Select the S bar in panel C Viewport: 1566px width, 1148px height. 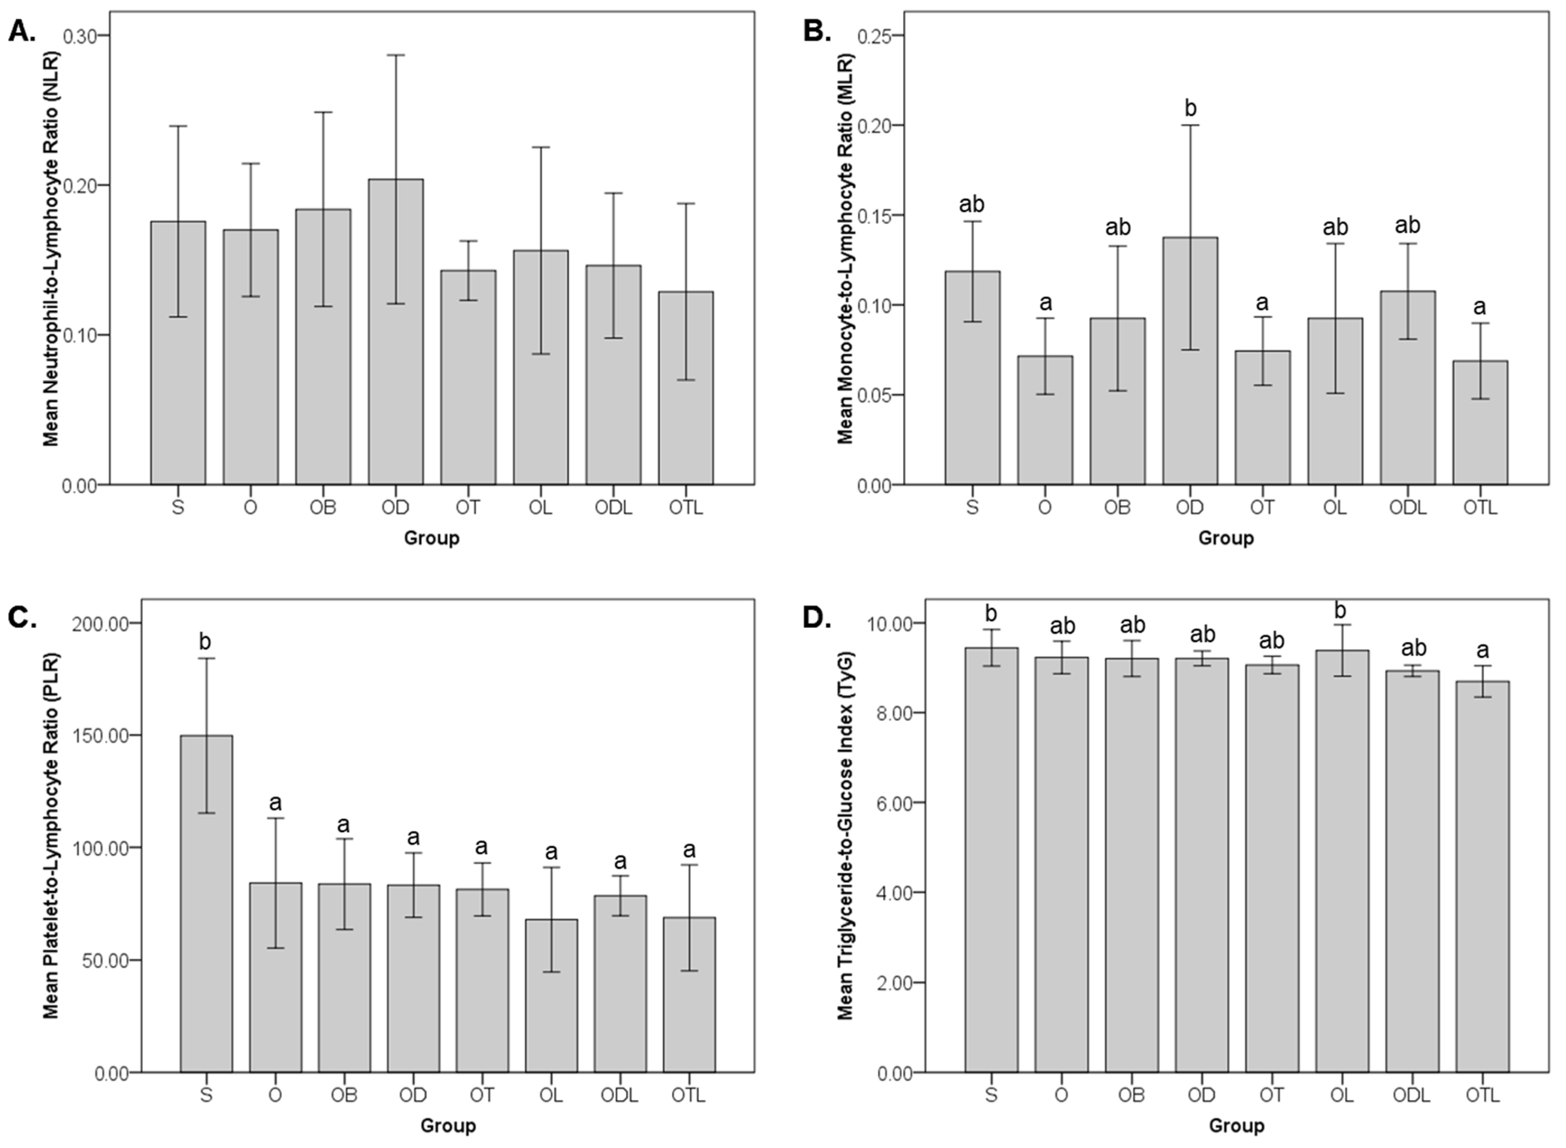click(206, 904)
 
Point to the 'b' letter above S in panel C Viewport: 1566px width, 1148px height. click(204, 642)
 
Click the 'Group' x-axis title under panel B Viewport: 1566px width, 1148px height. click(1225, 538)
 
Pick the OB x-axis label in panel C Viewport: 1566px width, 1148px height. click(344, 1096)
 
